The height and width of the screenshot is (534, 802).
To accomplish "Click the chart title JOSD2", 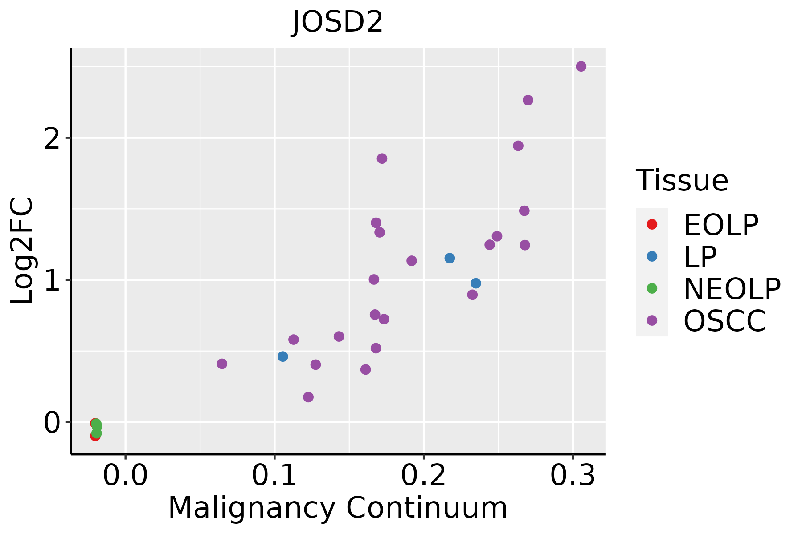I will point(337,22).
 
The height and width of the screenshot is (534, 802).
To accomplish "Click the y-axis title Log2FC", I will point(22,251).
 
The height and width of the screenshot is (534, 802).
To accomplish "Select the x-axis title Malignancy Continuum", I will point(337,508).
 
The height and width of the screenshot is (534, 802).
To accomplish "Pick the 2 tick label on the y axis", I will point(52,139).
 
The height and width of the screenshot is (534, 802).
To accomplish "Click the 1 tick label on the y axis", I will point(52,280).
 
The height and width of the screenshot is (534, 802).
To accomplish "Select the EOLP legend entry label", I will point(720,225).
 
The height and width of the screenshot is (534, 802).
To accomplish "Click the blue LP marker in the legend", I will point(652,256).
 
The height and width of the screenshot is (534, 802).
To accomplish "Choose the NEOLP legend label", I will point(732,289).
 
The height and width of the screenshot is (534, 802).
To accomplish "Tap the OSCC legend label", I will point(724,321).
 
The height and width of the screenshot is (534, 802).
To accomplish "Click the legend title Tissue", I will point(682,181).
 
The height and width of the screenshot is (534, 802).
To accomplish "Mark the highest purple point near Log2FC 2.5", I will point(581,66).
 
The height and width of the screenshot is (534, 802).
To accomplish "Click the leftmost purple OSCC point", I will point(222,364).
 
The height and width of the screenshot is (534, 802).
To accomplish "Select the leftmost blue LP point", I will point(282,356).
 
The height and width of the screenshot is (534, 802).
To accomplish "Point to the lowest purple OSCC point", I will point(308,397).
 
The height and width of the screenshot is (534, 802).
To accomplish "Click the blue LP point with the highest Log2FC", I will point(450,258).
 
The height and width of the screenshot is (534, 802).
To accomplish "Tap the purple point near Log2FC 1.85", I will point(382,158).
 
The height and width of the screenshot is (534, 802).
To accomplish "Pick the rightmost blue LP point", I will point(476,283).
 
